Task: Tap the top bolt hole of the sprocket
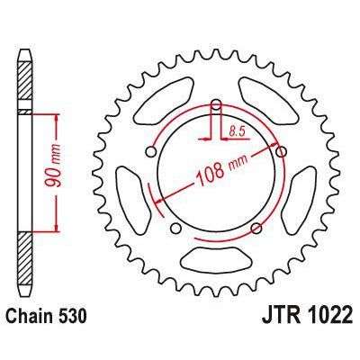[216, 110]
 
